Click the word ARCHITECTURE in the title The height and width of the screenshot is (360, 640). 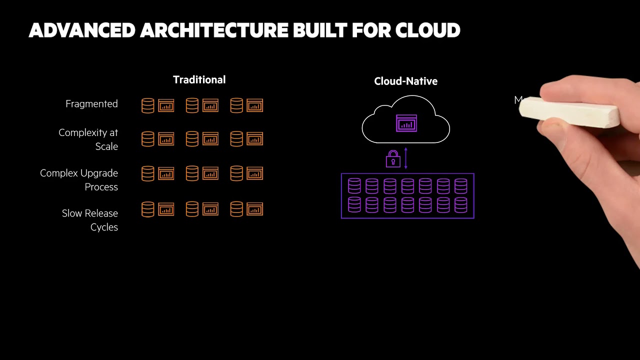[x=213, y=30]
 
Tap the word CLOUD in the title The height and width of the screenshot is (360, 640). [x=427, y=30]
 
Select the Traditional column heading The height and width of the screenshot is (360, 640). [x=199, y=80]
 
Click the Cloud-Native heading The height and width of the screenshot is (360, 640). [x=405, y=81]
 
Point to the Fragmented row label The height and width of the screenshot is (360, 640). [x=91, y=104]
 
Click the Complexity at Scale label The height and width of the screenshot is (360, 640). [x=88, y=139]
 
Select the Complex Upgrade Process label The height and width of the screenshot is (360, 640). [x=79, y=180]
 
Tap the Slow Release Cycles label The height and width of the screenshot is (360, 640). [x=90, y=220]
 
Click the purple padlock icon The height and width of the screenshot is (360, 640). [x=393, y=159]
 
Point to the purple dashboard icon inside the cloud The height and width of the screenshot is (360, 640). [x=406, y=123]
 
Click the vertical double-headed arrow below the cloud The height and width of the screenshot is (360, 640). [x=405, y=158]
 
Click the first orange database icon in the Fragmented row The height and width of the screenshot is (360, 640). [x=148, y=105]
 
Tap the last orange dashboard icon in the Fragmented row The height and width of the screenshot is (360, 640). [x=254, y=105]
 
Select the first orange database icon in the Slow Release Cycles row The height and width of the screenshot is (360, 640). [x=148, y=209]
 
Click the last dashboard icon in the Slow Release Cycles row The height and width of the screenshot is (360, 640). [x=254, y=209]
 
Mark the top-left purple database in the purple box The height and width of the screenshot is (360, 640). [x=354, y=186]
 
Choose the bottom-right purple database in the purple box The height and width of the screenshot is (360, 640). [x=460, y=205]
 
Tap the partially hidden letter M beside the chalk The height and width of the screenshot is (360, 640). [x=518, y=100]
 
